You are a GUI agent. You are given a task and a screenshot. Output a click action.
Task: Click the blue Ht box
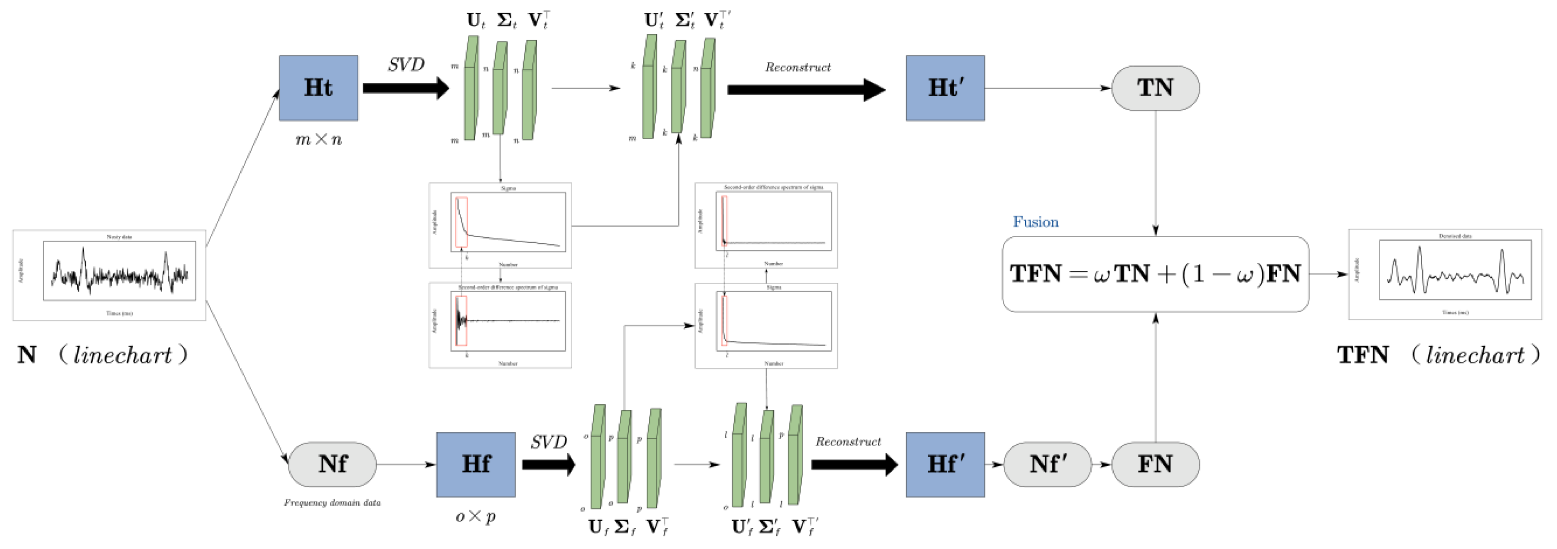pos(318,88)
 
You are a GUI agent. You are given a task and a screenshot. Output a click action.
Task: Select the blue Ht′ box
pos(945,88)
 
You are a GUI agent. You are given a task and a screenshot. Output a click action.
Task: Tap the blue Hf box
pos(476,464)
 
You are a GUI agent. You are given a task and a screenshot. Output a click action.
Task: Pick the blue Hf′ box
pos(945,464)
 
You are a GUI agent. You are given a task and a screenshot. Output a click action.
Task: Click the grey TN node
pos(1155,88)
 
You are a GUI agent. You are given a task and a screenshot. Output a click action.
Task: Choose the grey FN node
pos(1155,464)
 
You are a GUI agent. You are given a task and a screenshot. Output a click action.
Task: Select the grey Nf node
pos(332,464)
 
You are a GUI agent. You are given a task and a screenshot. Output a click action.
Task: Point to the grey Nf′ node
pos(1047,464)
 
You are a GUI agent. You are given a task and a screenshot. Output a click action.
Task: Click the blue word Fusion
pos(1035,222)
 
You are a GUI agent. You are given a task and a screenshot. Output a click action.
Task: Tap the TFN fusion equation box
pos(1155,274)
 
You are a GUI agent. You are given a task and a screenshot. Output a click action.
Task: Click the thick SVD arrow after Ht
pos(405,88)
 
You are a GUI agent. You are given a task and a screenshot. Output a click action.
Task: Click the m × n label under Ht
pos(318,140)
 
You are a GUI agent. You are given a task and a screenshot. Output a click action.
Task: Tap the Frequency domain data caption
pos(332,503)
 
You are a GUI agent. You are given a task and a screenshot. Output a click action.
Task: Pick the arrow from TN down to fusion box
pos(1155,172)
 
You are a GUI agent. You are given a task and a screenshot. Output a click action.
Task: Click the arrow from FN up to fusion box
pos(1155,378)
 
